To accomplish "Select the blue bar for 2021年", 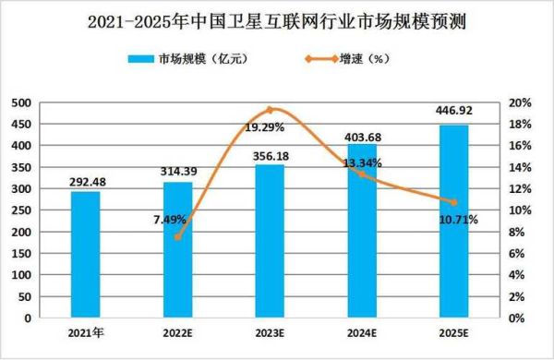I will (85, 254).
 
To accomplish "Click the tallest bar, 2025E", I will (454, 222).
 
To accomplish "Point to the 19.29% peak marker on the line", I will (270, 110).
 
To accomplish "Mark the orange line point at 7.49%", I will (177, 236).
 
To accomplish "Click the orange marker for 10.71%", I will (454, 202).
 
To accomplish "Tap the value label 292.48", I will (85, 182).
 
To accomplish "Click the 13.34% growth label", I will (362, 162).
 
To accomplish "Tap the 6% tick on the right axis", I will (520, 253).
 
